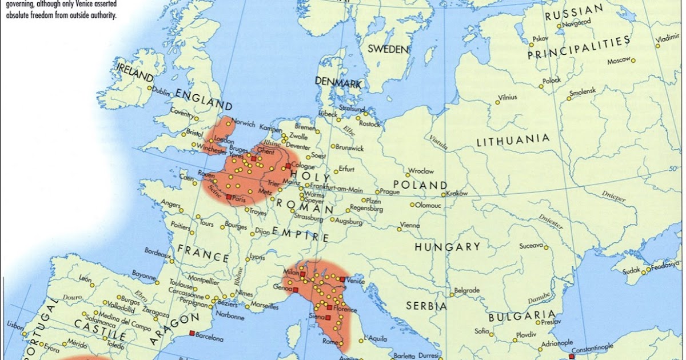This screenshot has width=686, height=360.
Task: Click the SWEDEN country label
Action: pos(388,49)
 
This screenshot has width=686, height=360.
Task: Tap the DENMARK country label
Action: pos(338,83)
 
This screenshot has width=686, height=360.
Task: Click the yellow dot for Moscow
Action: pos(633,60)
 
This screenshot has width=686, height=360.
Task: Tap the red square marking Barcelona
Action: pos(192,333)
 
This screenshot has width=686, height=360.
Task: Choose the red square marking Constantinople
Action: pos(571,356)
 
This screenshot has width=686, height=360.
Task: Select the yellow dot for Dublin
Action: pos(149,88)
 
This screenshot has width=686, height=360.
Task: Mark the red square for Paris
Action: pos(229,197)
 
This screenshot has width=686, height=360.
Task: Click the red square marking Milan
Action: pos(302,274)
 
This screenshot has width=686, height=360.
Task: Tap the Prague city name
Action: pos(390,192)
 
